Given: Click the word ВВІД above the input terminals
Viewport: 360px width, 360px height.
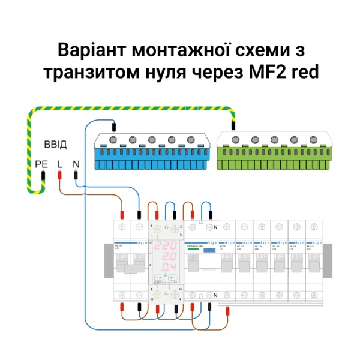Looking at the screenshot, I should [55, 145].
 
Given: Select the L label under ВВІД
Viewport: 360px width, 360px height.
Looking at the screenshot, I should [59, 163].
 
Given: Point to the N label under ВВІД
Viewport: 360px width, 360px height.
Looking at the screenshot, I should [76, 163].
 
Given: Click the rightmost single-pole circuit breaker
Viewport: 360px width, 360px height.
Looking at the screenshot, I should [313, 259].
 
